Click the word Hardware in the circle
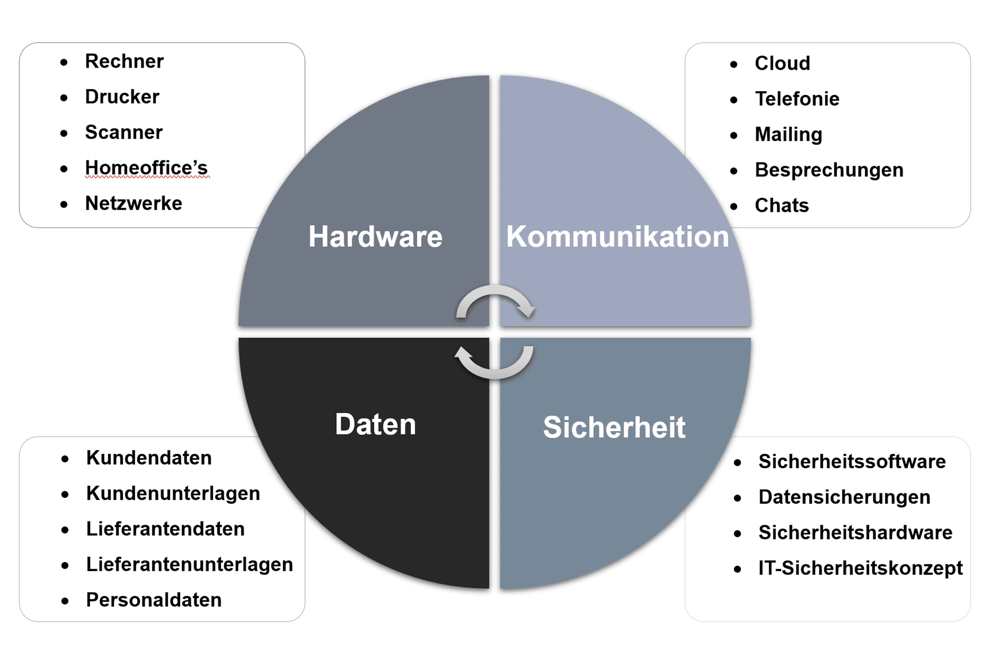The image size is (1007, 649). [x=375, y=237]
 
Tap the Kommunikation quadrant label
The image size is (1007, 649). [x=617, y=237]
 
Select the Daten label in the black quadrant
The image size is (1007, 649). [x=375, y=424]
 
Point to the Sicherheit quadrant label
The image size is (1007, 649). [x=614, y=427]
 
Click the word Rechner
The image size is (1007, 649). [x=124, y=61]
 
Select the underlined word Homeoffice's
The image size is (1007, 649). [x=146, y=168]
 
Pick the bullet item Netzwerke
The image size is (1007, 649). [x=134, y=203]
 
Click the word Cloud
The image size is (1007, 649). [x=782, y=63]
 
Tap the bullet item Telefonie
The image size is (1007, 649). [x=797, y=99]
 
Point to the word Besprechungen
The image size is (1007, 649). [x=828, y=170]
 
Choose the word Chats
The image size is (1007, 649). [x=781, y=205]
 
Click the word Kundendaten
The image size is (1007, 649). [x=149, y=458]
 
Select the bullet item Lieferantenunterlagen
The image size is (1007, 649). [x=189, y=564]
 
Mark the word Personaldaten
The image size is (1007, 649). [x=153, y=600]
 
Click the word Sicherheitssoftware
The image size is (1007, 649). [x=851, y=462]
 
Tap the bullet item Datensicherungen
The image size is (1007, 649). [x=844, y=497]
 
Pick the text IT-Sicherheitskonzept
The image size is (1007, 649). [x=860, y=568]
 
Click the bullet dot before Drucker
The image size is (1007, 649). [x=64, y=98]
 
